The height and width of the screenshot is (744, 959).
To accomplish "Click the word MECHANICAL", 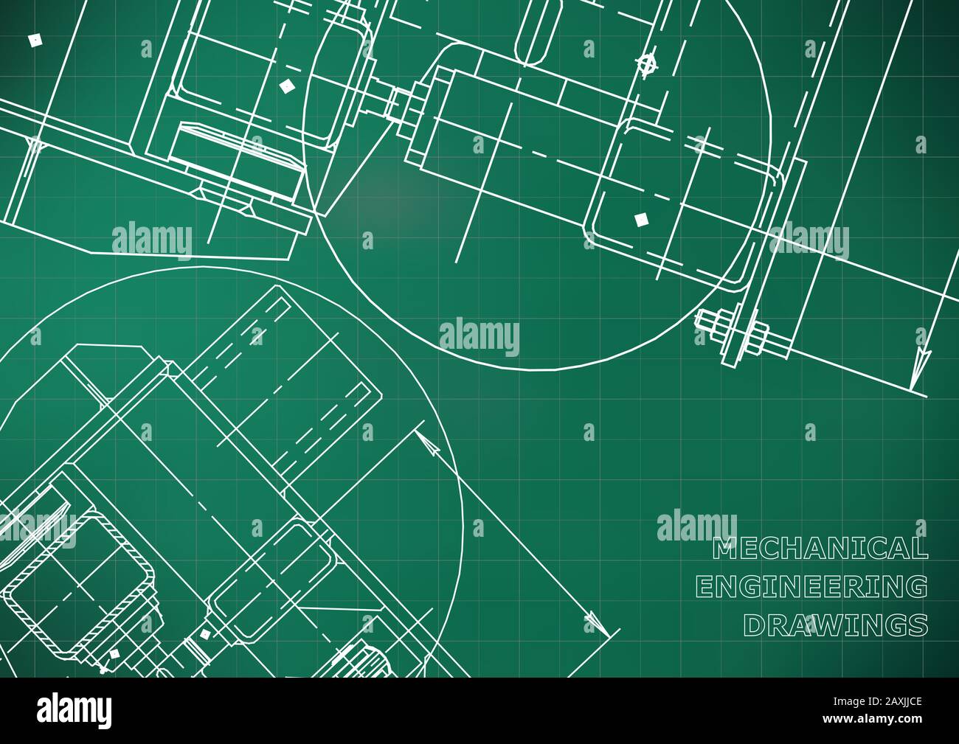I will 820,548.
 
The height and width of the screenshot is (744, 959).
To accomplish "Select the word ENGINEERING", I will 811,587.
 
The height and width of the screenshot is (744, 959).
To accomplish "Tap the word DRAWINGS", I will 835,625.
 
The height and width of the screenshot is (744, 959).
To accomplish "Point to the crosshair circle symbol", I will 647,64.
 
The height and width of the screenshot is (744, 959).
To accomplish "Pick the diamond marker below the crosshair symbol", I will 640,219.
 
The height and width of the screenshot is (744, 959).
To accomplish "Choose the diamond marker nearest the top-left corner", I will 33,39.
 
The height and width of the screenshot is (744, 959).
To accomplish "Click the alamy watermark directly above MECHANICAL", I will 696,525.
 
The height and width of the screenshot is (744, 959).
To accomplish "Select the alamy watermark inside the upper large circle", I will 479,336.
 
